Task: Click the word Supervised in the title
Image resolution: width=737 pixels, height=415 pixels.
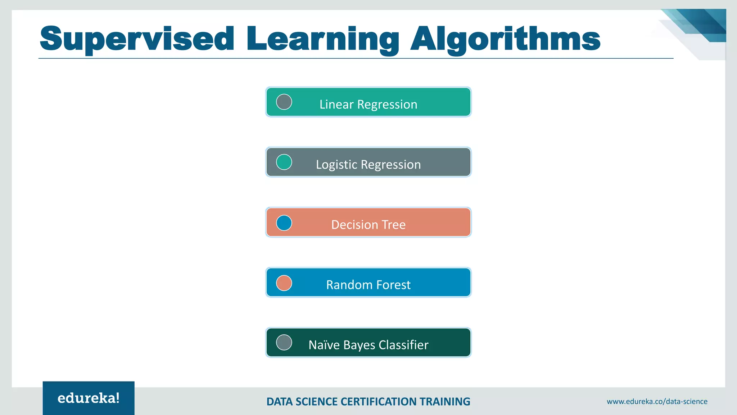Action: [137, 39]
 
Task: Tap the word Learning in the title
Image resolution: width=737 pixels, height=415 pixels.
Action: [322, 39]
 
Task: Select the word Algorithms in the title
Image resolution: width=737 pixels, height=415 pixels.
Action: [505, 39]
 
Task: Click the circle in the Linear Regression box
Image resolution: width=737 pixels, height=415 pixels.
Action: [284, 102]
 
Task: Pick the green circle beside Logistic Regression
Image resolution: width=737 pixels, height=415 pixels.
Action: [284, 162]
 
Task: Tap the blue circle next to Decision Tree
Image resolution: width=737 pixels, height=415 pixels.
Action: [284, 223]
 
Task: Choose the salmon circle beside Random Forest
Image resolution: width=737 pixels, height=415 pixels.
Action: [284, 283]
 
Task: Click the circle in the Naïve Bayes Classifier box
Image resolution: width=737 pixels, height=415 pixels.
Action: [284, 343]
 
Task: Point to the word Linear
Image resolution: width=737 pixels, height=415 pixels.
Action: [336, 104]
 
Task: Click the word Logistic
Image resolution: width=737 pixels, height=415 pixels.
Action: [336, 165]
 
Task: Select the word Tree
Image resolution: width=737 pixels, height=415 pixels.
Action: [394, 225]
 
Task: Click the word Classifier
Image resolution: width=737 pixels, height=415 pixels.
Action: [403, 345]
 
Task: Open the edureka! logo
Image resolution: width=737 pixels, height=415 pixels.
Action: [89, 398]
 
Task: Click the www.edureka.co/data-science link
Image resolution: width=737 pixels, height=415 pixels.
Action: [657, 401]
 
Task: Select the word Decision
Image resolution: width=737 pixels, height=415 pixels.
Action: [354, 225]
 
